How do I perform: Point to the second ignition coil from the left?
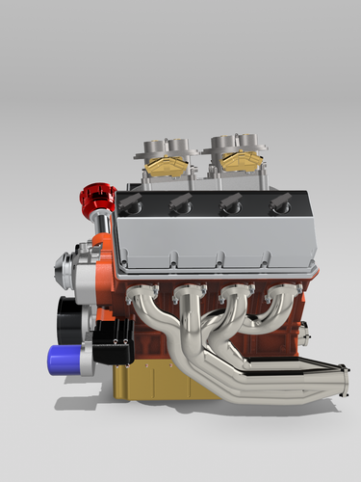179,203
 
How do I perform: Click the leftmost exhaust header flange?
146,292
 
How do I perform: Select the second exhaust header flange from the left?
193,292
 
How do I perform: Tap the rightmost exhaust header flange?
281,292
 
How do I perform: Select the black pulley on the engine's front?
69,314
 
